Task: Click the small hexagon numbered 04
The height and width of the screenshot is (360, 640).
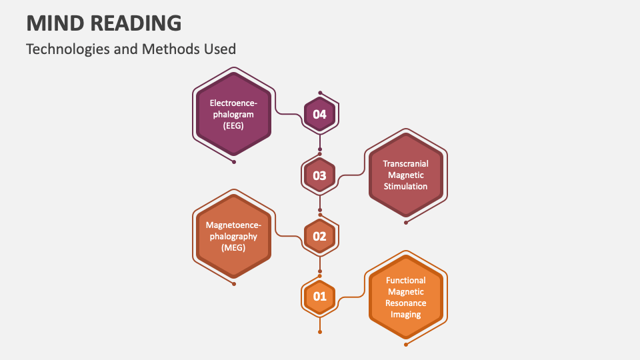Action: [320, 114]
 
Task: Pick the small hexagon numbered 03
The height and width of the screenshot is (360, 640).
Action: [320, 175]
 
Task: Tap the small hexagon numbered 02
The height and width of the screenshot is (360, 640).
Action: [320, 236]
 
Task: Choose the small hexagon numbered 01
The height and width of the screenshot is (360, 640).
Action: [320, 296]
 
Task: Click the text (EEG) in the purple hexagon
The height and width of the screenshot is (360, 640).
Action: [233, 125]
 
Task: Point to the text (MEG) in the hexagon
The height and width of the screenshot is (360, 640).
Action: [233, 247]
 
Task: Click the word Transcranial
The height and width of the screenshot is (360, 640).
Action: [405, 163]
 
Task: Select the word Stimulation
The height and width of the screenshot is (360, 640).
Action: [405, 186]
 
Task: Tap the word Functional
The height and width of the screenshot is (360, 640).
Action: [405, 281]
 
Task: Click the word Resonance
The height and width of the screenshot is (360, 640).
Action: [405, 303]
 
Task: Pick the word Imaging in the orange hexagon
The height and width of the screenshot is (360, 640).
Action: [405, 315]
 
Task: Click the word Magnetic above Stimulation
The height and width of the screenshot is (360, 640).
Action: [405, 175]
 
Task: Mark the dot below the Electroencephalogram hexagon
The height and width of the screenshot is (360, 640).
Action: [234, 161]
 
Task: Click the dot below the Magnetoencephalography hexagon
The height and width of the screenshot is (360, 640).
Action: [234, 283]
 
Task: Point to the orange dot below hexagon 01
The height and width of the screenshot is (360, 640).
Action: [320, 331]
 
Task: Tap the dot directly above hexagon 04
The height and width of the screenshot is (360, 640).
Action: [320, 93]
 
